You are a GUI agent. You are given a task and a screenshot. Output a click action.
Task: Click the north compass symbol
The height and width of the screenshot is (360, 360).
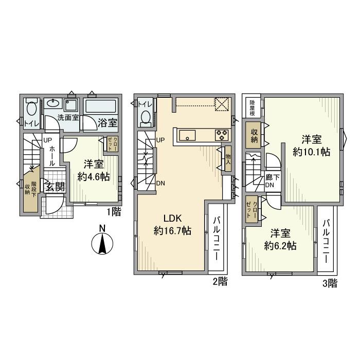coord(102,243)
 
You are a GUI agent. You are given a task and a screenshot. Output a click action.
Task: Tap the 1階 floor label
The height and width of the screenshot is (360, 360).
coord(114,211)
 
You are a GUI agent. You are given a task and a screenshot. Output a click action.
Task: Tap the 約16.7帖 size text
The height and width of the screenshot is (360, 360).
coord(172,231)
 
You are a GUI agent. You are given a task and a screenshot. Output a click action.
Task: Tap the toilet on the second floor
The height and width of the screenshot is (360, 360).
coord(145,117)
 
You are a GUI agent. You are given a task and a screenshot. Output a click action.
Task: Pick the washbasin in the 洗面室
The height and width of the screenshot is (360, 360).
coord(52,103)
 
